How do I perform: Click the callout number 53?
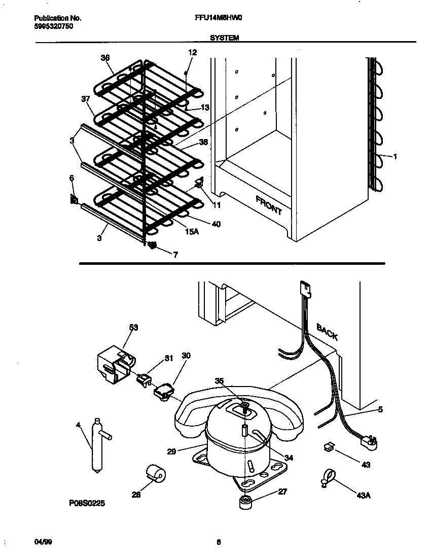pos(133,328)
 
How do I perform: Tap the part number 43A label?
pos(363,496)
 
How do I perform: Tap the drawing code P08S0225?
pos(88,504)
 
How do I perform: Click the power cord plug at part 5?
pos(370,442)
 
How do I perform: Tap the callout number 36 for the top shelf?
pos(105,58)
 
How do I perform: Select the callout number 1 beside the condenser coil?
pos(395,157)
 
